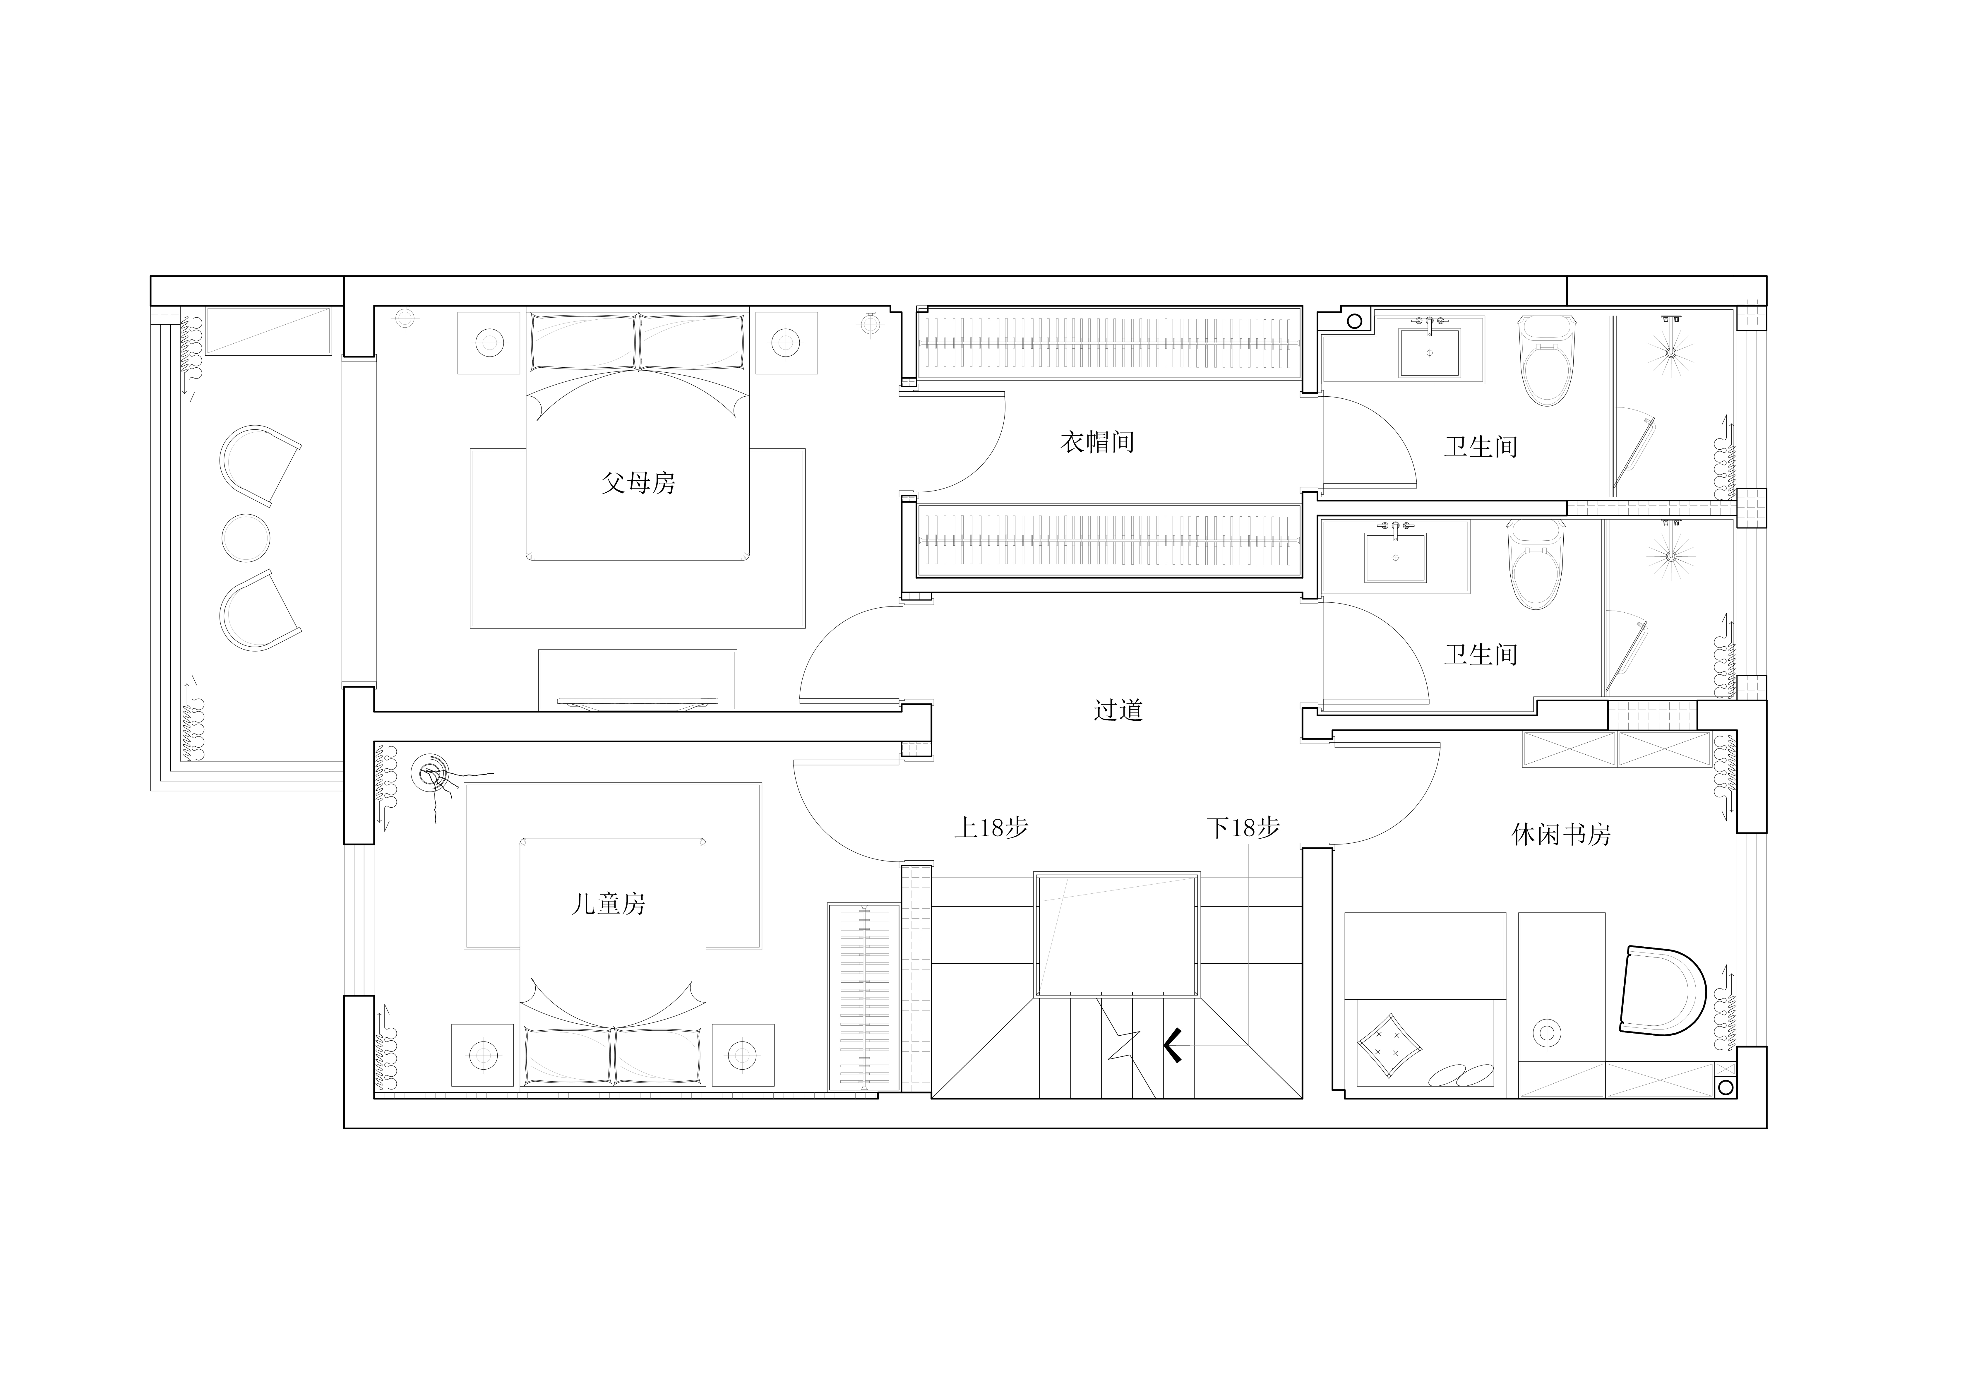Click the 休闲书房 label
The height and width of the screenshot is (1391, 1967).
(x=1561, y=834)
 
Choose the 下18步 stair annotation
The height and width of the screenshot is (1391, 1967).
(x=1243, y=828)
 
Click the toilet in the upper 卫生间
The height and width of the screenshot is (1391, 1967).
(x=1547, y=360)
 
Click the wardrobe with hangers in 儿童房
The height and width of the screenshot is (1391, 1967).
(x=863, y=996)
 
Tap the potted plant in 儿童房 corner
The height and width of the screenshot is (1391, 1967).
(x=437, y=784)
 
